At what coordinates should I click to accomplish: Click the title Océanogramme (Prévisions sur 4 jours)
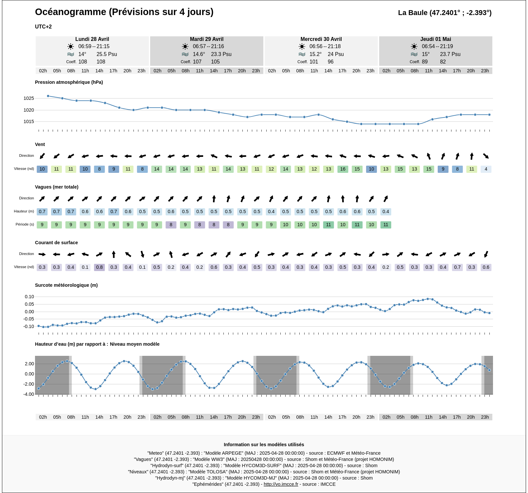[124, 12]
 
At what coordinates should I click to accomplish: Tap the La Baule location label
[445, 13]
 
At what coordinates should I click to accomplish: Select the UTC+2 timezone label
[43, 27]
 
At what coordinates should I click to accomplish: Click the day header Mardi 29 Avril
[206, 39]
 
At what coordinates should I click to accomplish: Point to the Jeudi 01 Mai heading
[435, 39]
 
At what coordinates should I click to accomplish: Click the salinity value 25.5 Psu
[107, 54]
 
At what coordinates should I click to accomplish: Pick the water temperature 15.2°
[315, 54]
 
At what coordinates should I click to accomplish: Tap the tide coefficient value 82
[443, 62]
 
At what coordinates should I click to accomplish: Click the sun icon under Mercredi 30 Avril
[302, 46]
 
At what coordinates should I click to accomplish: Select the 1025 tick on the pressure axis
[29, 98]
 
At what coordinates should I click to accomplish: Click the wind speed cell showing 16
[343, 169]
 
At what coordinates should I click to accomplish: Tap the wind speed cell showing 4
[486, 169]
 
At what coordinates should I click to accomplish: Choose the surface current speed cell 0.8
[99, 267]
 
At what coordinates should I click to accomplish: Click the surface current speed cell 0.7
[457, 267]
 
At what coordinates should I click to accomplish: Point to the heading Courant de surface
[56, 243]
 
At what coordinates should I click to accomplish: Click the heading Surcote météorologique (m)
[66, 285]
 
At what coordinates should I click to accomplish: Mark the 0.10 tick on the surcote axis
[29, 297]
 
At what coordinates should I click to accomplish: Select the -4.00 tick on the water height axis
[29, 394]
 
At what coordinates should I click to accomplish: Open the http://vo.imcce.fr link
[281, 484]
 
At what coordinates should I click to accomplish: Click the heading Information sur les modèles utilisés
[264, 445]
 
